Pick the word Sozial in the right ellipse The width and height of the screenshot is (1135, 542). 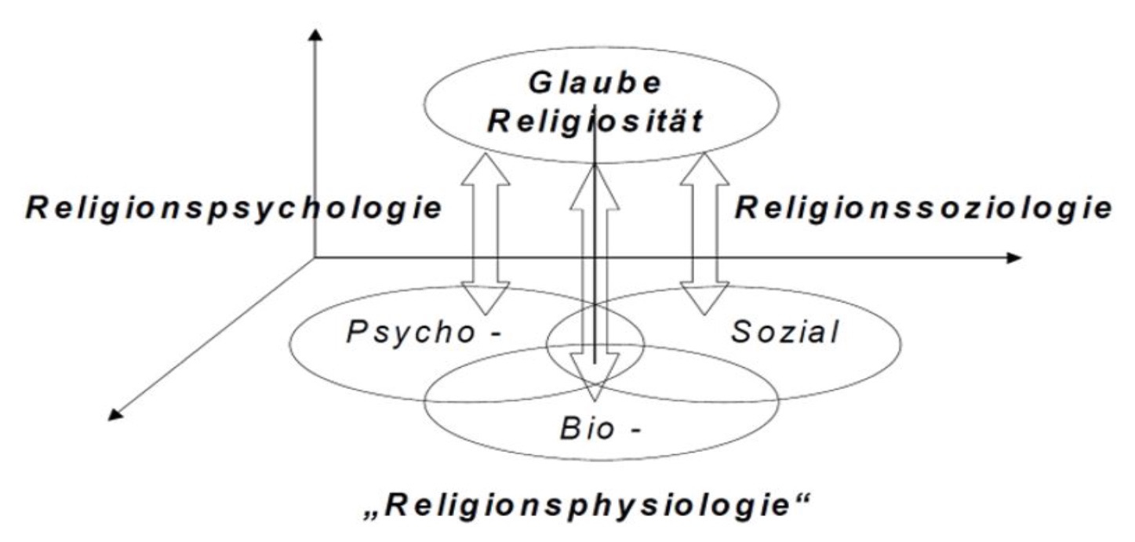pos(784,333)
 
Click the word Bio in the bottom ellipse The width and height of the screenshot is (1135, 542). pos(584,430)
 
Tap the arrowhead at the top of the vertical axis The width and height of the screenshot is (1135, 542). pos(315,35)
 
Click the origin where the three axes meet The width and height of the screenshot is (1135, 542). pos(315,257)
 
